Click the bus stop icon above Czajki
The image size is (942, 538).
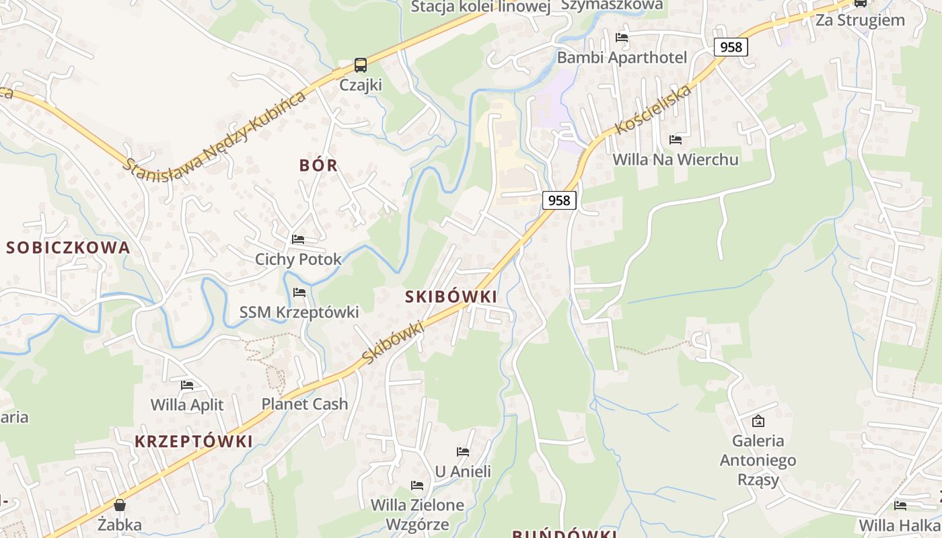361,65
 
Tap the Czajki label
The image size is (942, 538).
361,85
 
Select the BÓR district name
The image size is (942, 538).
318,165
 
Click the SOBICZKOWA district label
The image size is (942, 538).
68,247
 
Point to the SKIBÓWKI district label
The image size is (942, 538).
451,297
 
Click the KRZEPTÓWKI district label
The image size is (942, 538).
194,442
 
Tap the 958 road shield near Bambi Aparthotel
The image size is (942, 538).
731,46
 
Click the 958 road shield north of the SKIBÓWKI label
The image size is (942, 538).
558,200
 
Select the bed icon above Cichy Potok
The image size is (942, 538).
298,239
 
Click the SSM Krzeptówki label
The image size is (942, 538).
299,312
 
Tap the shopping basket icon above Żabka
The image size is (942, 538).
120,504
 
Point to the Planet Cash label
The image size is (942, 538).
305,404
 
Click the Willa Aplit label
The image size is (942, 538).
187,405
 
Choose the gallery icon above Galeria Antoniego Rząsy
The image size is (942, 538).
758,421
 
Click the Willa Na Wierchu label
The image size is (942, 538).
676,159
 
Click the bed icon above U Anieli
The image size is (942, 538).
463,451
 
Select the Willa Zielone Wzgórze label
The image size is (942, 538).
418,514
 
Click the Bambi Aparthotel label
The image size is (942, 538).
622,58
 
